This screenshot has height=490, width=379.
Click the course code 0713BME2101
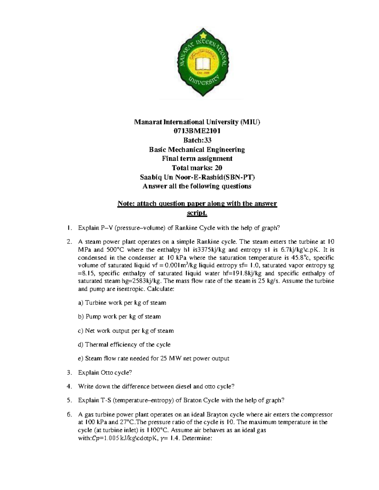point(197,131)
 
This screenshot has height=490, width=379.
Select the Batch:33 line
point(197,140)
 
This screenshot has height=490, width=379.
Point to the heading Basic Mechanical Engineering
point(197,149)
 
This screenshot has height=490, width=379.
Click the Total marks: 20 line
point(197,168)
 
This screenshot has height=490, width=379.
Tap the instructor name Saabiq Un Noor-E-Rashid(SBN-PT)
point(197,177)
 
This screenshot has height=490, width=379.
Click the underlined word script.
point(197,213)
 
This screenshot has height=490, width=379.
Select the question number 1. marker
point(69,228)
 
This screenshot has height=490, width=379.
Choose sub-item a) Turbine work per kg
point(122,303)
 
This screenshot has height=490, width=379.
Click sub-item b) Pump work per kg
point(119,316)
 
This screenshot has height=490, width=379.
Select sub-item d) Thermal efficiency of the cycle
point(124,345)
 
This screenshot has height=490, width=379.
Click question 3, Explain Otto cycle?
point(105,373)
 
